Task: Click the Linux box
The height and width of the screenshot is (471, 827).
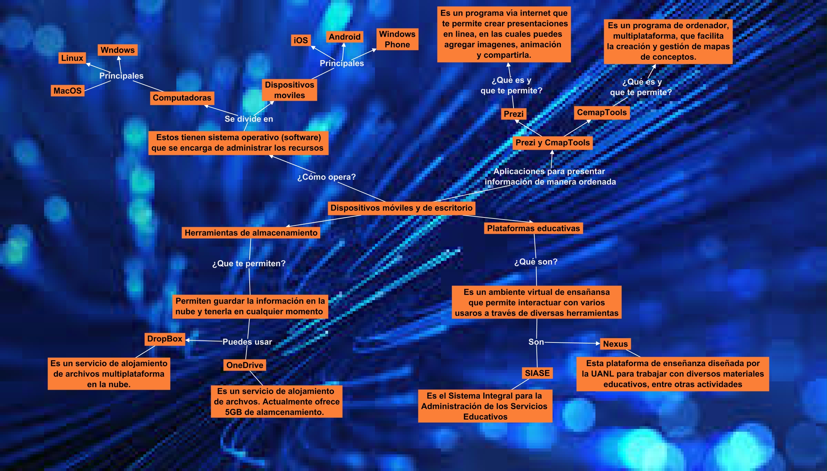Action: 72,58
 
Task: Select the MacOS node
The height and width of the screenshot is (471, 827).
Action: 67,91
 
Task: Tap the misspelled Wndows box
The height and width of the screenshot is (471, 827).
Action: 117,50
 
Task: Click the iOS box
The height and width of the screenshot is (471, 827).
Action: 300,40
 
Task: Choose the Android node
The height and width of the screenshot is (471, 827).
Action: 344,37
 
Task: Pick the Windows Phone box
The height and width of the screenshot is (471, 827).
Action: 397,39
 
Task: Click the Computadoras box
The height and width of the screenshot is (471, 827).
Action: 182,98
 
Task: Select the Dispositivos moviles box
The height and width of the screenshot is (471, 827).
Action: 289,90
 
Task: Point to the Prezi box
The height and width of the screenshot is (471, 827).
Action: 513,114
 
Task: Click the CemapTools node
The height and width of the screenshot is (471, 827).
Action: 602,113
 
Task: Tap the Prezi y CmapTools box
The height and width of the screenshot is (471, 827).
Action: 552,143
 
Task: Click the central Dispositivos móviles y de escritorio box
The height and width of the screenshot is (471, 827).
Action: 401,208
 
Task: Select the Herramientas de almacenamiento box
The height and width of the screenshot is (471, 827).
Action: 251,233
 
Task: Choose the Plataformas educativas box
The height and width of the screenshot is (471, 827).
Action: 533,229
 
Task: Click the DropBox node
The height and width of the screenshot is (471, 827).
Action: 165,339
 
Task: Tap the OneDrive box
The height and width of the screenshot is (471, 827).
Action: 245,365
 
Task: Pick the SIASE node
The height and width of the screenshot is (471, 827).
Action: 537,373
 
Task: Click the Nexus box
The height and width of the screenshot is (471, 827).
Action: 615,344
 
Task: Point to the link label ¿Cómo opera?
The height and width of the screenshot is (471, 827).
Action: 326,177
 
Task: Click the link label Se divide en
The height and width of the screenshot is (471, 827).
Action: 249,119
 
